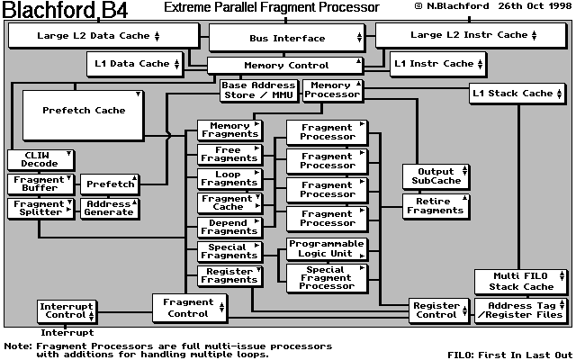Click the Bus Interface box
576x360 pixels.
[x=285, y=38]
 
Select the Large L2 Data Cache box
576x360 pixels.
[x=102, y=36]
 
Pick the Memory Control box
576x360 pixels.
[x=285, y=65]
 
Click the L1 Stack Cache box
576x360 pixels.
[x=517, y=93]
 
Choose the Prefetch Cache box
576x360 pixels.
[x=85, y=112]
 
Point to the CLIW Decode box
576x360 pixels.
[x=39, y=159]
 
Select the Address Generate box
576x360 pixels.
[x=108, y=208]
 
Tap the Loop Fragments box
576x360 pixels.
[x=229, y=178]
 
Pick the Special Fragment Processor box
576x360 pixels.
[x=327, y=277]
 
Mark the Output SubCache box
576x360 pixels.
[x=435, y=176]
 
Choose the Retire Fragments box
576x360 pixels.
[x=435, y=205]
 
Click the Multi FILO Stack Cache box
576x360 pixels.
[x=519, y=282]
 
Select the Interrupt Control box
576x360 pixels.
[x=67, y=311]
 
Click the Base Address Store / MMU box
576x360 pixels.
[x=257, y=91]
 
